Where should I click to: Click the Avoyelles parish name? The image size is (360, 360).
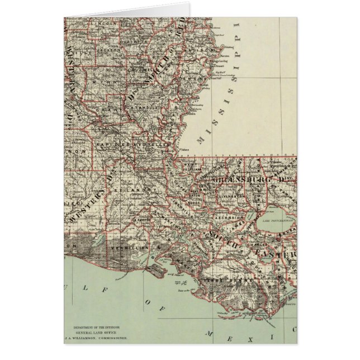click(155, 144)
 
